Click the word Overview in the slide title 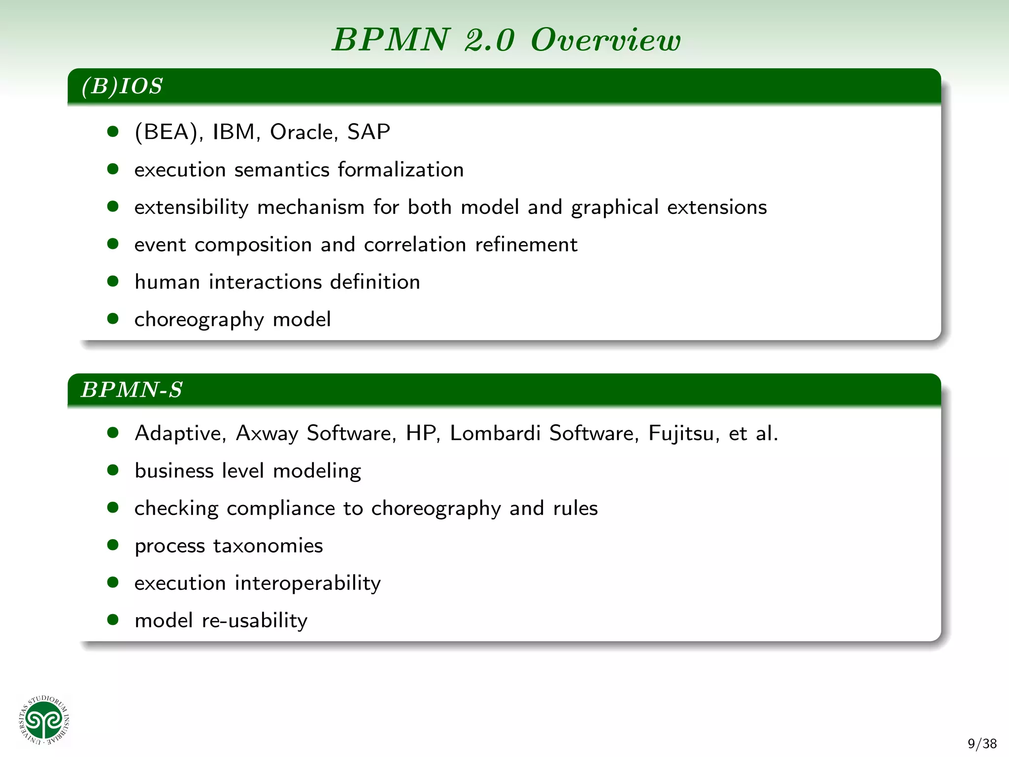point(605,39)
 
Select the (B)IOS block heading point(122,86)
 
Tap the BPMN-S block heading point(132,390)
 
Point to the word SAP point(369,132)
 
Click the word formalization point(401,170)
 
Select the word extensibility point(191,207)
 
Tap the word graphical point(614,207)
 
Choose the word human point(167,282)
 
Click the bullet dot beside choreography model point(113,319)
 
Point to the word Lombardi point(495,433)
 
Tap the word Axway point(267,433)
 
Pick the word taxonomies point(268,546)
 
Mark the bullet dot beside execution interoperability point(113,583)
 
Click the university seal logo point(45,721)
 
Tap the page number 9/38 point(982,743)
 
